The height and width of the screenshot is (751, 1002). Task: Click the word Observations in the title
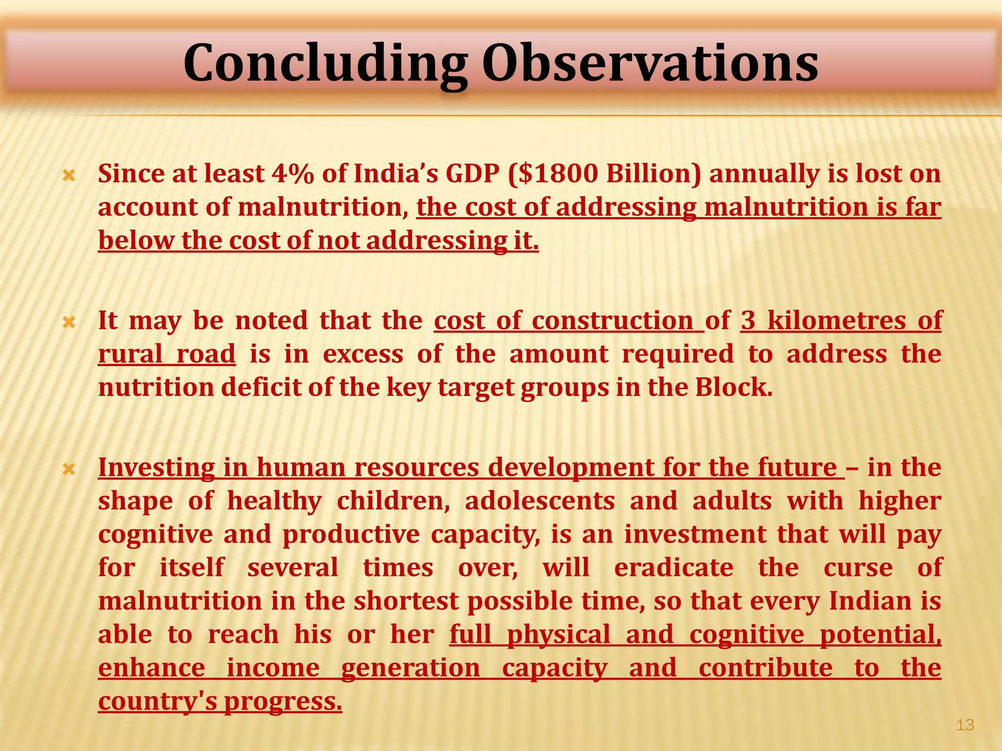[x=650, y=64]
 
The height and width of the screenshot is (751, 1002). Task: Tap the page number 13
[x=965, y=725]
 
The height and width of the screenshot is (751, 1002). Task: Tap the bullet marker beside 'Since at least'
[x=69, y=175]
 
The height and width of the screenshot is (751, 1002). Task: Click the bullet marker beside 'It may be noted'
[x=69, y=322]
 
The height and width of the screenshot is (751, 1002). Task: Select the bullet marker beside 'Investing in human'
[x=69, y=469]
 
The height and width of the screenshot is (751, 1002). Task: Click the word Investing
[x=156, y=468]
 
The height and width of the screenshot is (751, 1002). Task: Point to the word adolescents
[x=540, y=501]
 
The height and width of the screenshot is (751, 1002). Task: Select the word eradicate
[x=674, y=568]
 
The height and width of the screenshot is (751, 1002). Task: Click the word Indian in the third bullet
[x=870, y=601]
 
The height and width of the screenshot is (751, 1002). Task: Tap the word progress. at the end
[x=283, y=701]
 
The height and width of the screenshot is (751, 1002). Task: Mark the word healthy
[x=274, y=501]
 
